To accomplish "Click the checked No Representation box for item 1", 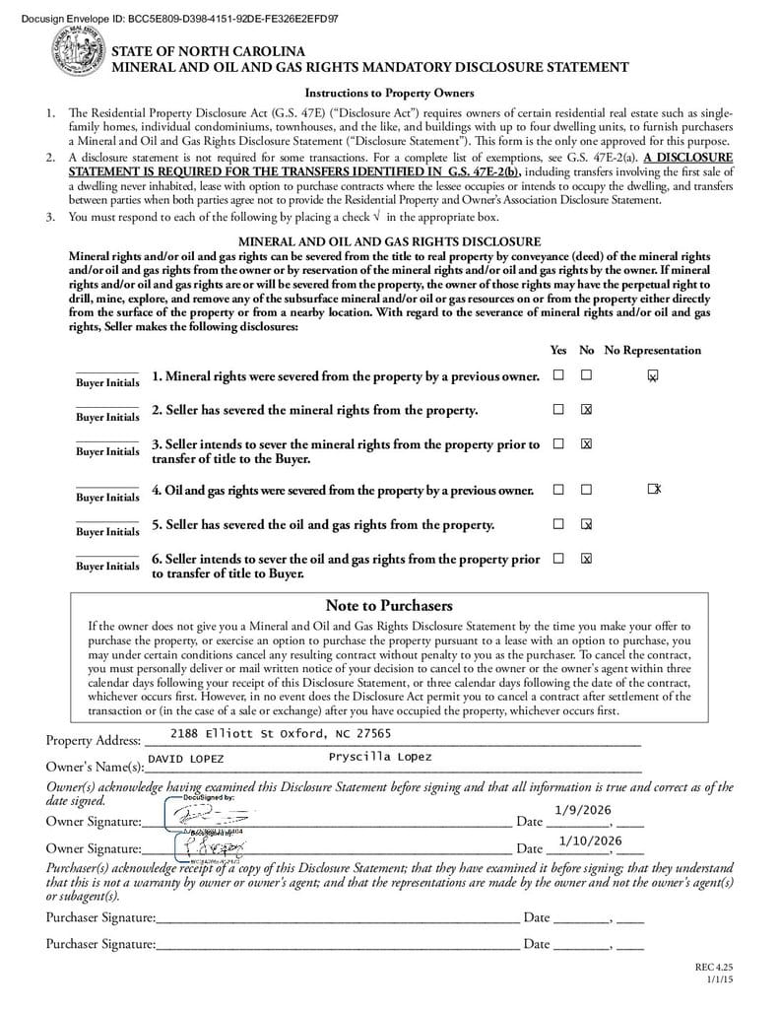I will pos(652,375).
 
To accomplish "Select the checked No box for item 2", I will pos(586,409).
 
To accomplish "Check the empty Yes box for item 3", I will pos(558,443).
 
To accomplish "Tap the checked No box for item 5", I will pos(586,524).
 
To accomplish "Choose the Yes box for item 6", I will pos(558,558).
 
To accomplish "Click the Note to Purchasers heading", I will pos(388,605).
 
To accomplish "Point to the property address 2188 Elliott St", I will pos(281,733).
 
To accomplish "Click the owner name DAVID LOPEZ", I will pos(185,759).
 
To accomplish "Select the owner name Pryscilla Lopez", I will pos(379,757).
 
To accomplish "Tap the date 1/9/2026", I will pos(583,809).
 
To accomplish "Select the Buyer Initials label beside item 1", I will pos(108,382).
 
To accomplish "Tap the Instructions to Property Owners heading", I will pos(389,93).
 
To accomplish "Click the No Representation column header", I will pos(652,350).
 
